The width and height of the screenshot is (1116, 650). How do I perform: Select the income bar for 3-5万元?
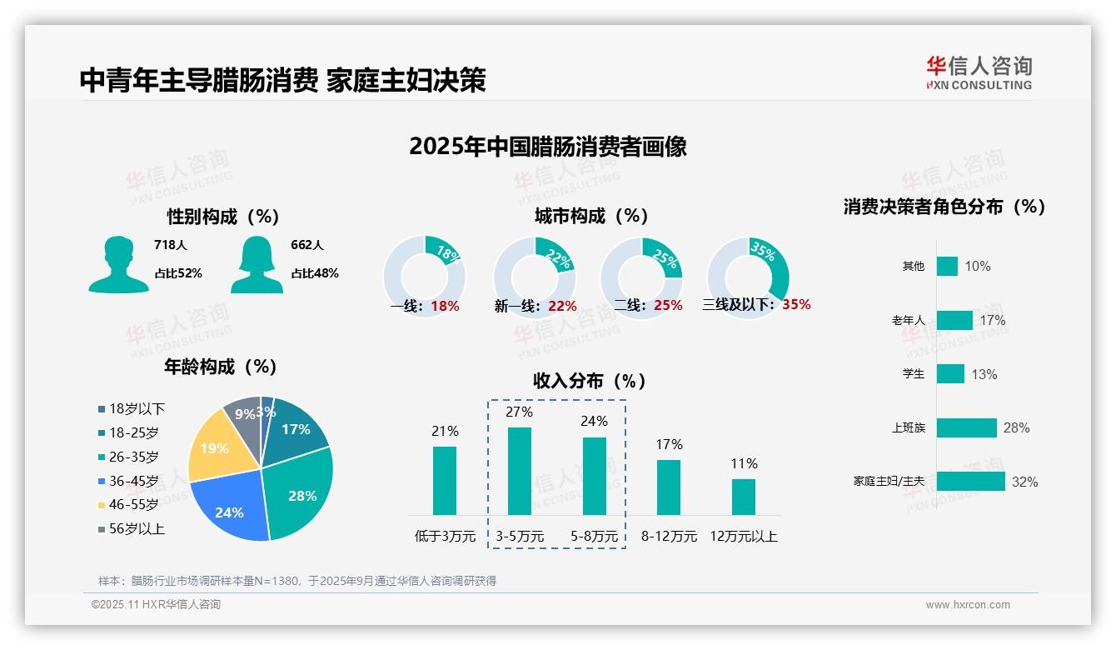click(520, 471)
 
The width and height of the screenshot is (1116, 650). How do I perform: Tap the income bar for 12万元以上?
click(744, 497)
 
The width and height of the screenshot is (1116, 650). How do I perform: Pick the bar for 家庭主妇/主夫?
click(971, 482)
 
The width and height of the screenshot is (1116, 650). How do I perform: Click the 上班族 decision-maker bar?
click(967, 427)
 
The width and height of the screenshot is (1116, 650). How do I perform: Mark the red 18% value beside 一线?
click(445, 306)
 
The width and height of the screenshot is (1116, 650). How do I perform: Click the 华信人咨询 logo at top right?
click(979, 72)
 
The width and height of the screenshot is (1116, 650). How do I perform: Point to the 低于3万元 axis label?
click(445, 537)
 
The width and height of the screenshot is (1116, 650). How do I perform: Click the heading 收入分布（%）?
click(590, 382)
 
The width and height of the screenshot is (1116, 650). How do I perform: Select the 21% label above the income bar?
click(445, 431)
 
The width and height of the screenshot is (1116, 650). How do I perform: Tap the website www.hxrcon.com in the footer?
click(968, 605)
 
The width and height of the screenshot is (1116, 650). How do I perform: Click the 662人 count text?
click(307, 245)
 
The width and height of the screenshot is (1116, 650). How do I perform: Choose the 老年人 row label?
click(908, 321)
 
